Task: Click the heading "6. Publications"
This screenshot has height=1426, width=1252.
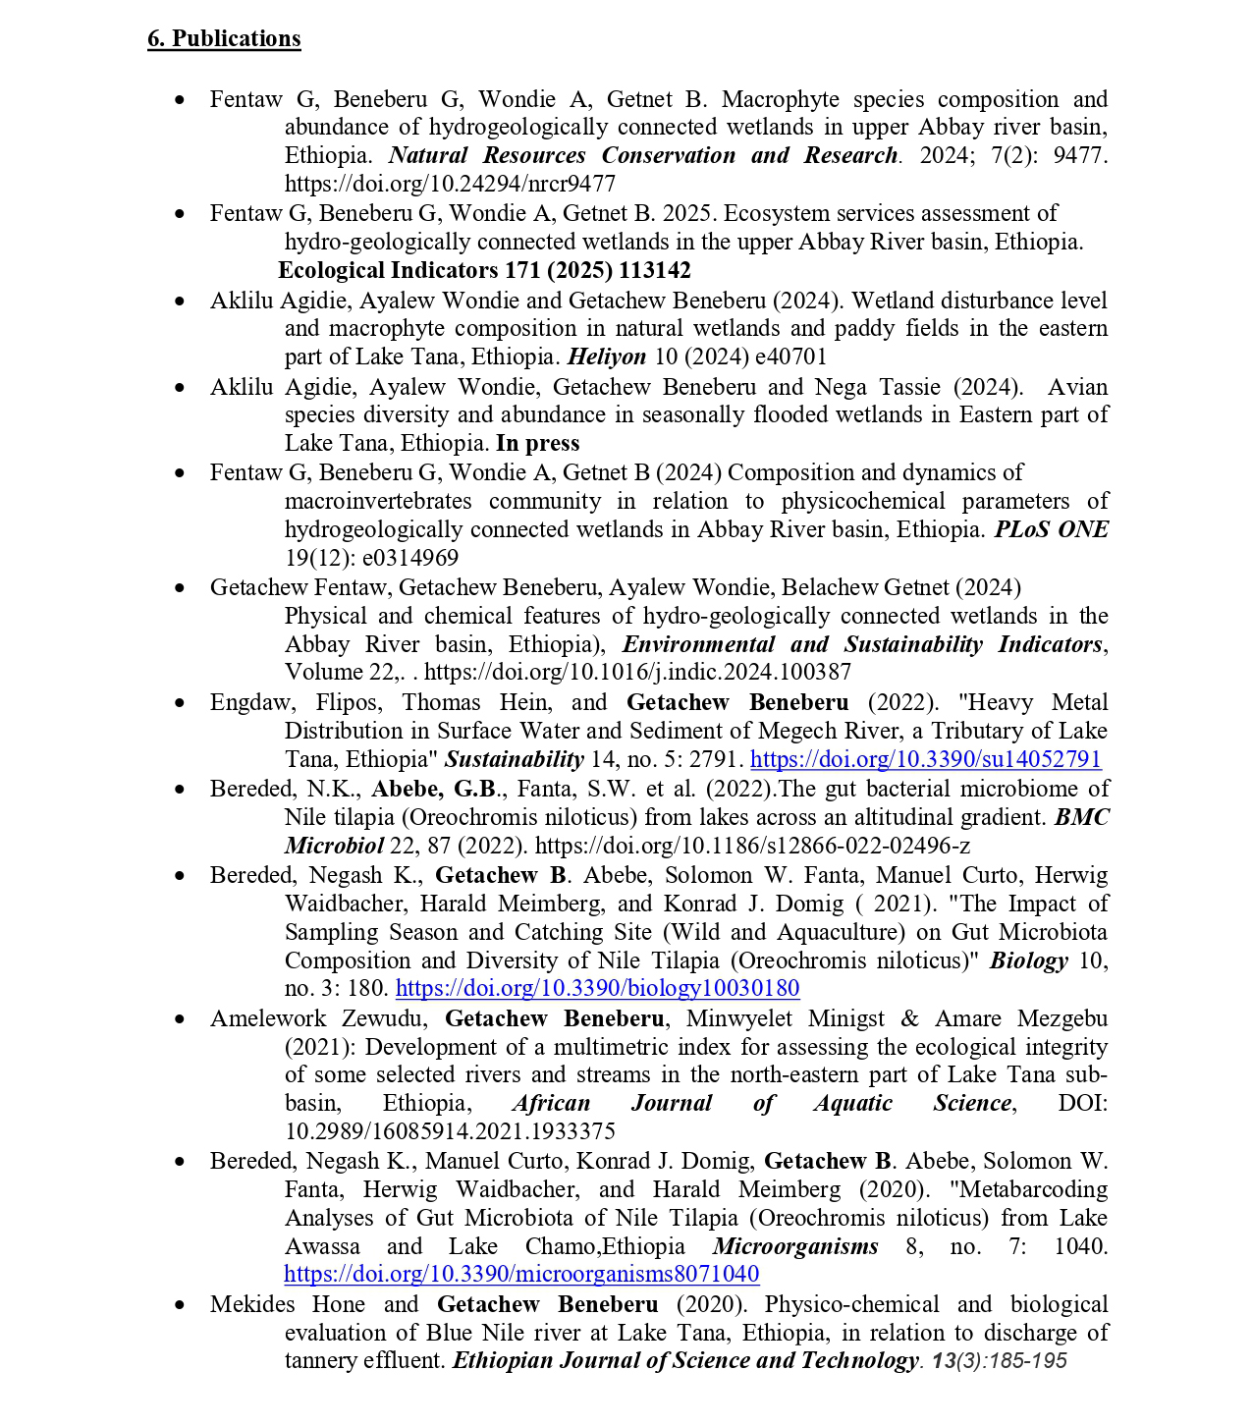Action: click(224, 38)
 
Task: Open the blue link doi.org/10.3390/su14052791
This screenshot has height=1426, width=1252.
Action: click(925, 759)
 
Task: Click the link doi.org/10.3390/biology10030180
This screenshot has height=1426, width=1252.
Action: click(597, 988)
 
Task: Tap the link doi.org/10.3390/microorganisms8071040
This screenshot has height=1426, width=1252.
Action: click(521, 1275)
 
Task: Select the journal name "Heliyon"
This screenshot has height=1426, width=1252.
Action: click(607, 356)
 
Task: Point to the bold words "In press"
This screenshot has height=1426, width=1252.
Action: click(537, 443)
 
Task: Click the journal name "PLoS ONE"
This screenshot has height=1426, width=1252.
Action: click(1051, 530)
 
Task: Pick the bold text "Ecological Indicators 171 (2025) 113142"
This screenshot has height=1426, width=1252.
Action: click(484, 270)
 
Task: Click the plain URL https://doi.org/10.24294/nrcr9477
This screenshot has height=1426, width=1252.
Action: click(450, 184)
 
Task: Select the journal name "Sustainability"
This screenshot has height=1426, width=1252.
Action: click(514, 759)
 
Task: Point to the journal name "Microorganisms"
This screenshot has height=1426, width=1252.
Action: click(795, 1247)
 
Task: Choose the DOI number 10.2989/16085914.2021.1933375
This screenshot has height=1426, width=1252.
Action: click(450, 1131)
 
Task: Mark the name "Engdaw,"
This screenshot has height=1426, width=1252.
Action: click(251, 702)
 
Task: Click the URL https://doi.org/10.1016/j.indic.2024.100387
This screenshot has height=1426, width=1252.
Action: click(637, 672)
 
